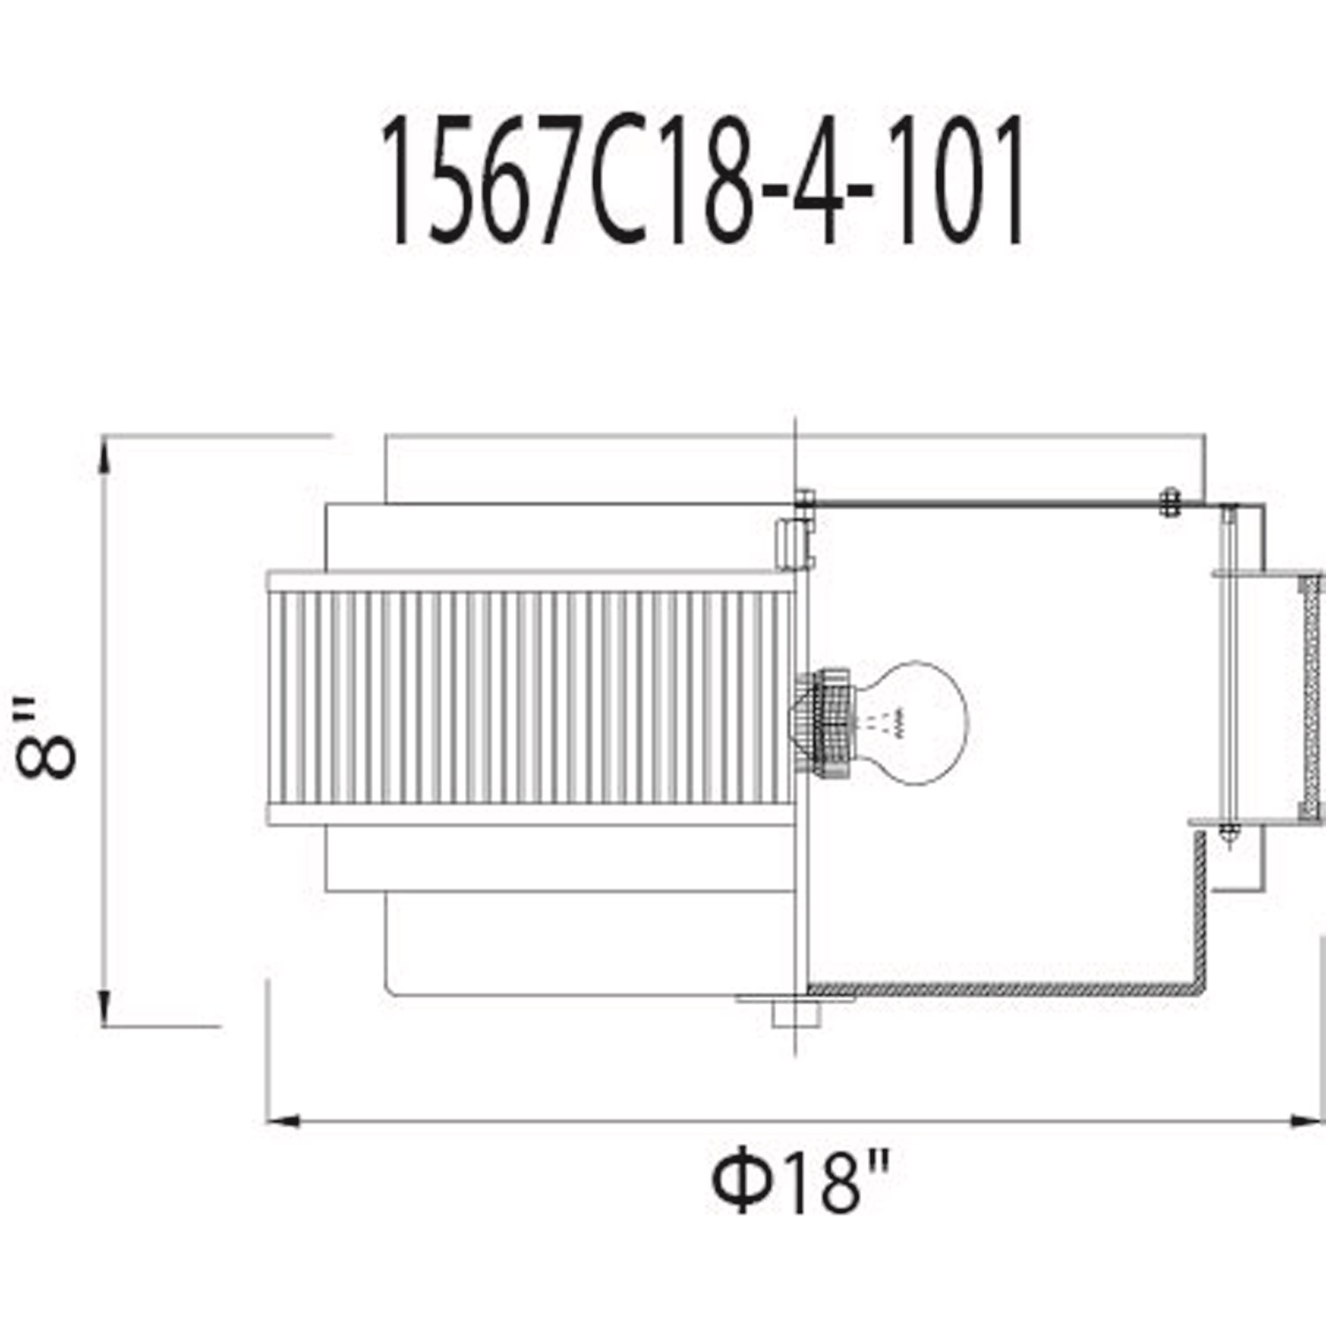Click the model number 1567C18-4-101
(703, 180)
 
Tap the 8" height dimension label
(47, 737)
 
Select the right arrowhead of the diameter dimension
(1307, 1122)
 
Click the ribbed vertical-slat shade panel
(530, 698)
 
